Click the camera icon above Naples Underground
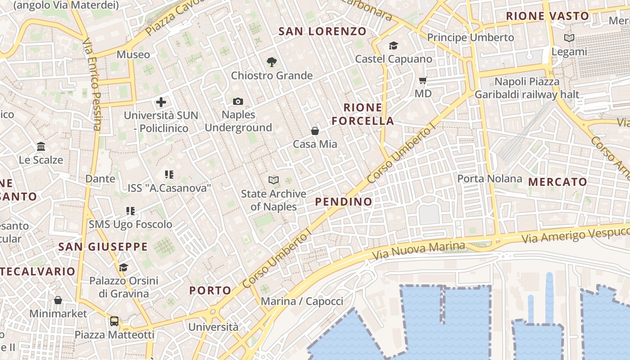(x=238, y=102)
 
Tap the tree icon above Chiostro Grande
(x=271, y=62)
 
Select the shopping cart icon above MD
(x=423, y=81)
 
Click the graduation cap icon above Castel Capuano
(x=393, y=45)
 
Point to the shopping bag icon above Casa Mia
(x=315, y=131)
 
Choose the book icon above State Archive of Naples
(x=273, y=180)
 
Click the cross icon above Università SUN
(x=161, y=102)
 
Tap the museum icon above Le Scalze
(x=41, y=147)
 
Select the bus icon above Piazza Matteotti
(x=114, y=321)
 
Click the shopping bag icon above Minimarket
(x=58, y=300)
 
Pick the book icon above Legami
(x=569, y=38)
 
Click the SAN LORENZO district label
(x=322, y=31)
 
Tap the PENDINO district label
(x=344, y=202)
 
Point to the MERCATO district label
(x=558, y=182)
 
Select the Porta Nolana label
(x=490, y=179)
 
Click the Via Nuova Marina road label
(x=419, y=251)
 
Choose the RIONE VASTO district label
(x=547, y=16)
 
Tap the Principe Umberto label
(x=470, y=37)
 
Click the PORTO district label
(x=210, y=290)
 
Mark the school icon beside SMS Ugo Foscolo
(x=130, y=211)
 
